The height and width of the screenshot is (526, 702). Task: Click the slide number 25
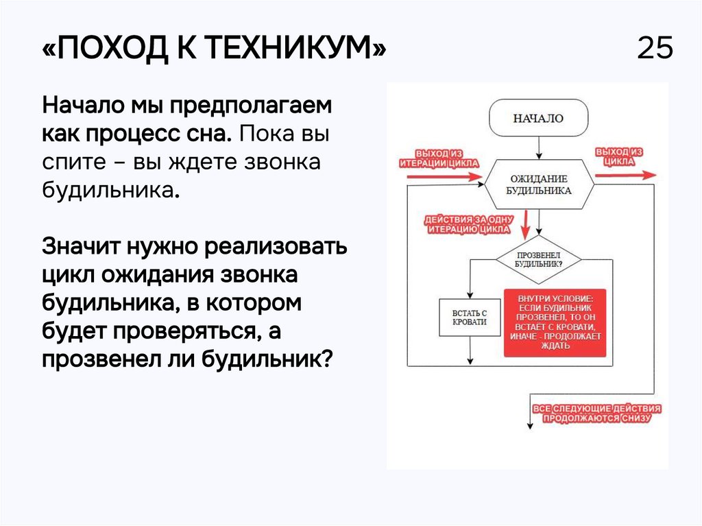(x=655, y=49)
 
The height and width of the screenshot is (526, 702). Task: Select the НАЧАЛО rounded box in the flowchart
(x=538, y=119)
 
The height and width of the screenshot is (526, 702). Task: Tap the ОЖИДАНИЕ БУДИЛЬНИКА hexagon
(x=538, y=186)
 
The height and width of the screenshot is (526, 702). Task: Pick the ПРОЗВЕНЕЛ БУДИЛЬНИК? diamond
(x=538, y=259)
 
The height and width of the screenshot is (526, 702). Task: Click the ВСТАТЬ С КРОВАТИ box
(x=470, y=318)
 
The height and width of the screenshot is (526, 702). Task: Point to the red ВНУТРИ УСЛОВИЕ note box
(x=555, y=322)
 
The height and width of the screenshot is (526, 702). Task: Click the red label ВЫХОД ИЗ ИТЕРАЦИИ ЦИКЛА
(x=439, y=158)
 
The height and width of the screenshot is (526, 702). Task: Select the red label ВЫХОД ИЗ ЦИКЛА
(x=619, y=156)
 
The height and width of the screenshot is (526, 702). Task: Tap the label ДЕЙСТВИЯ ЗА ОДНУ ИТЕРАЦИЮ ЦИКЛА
(x=469, y=224)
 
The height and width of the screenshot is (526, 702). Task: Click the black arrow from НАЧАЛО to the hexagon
(x=539, y=147)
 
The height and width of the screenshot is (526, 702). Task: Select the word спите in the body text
(x=71, y=163)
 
